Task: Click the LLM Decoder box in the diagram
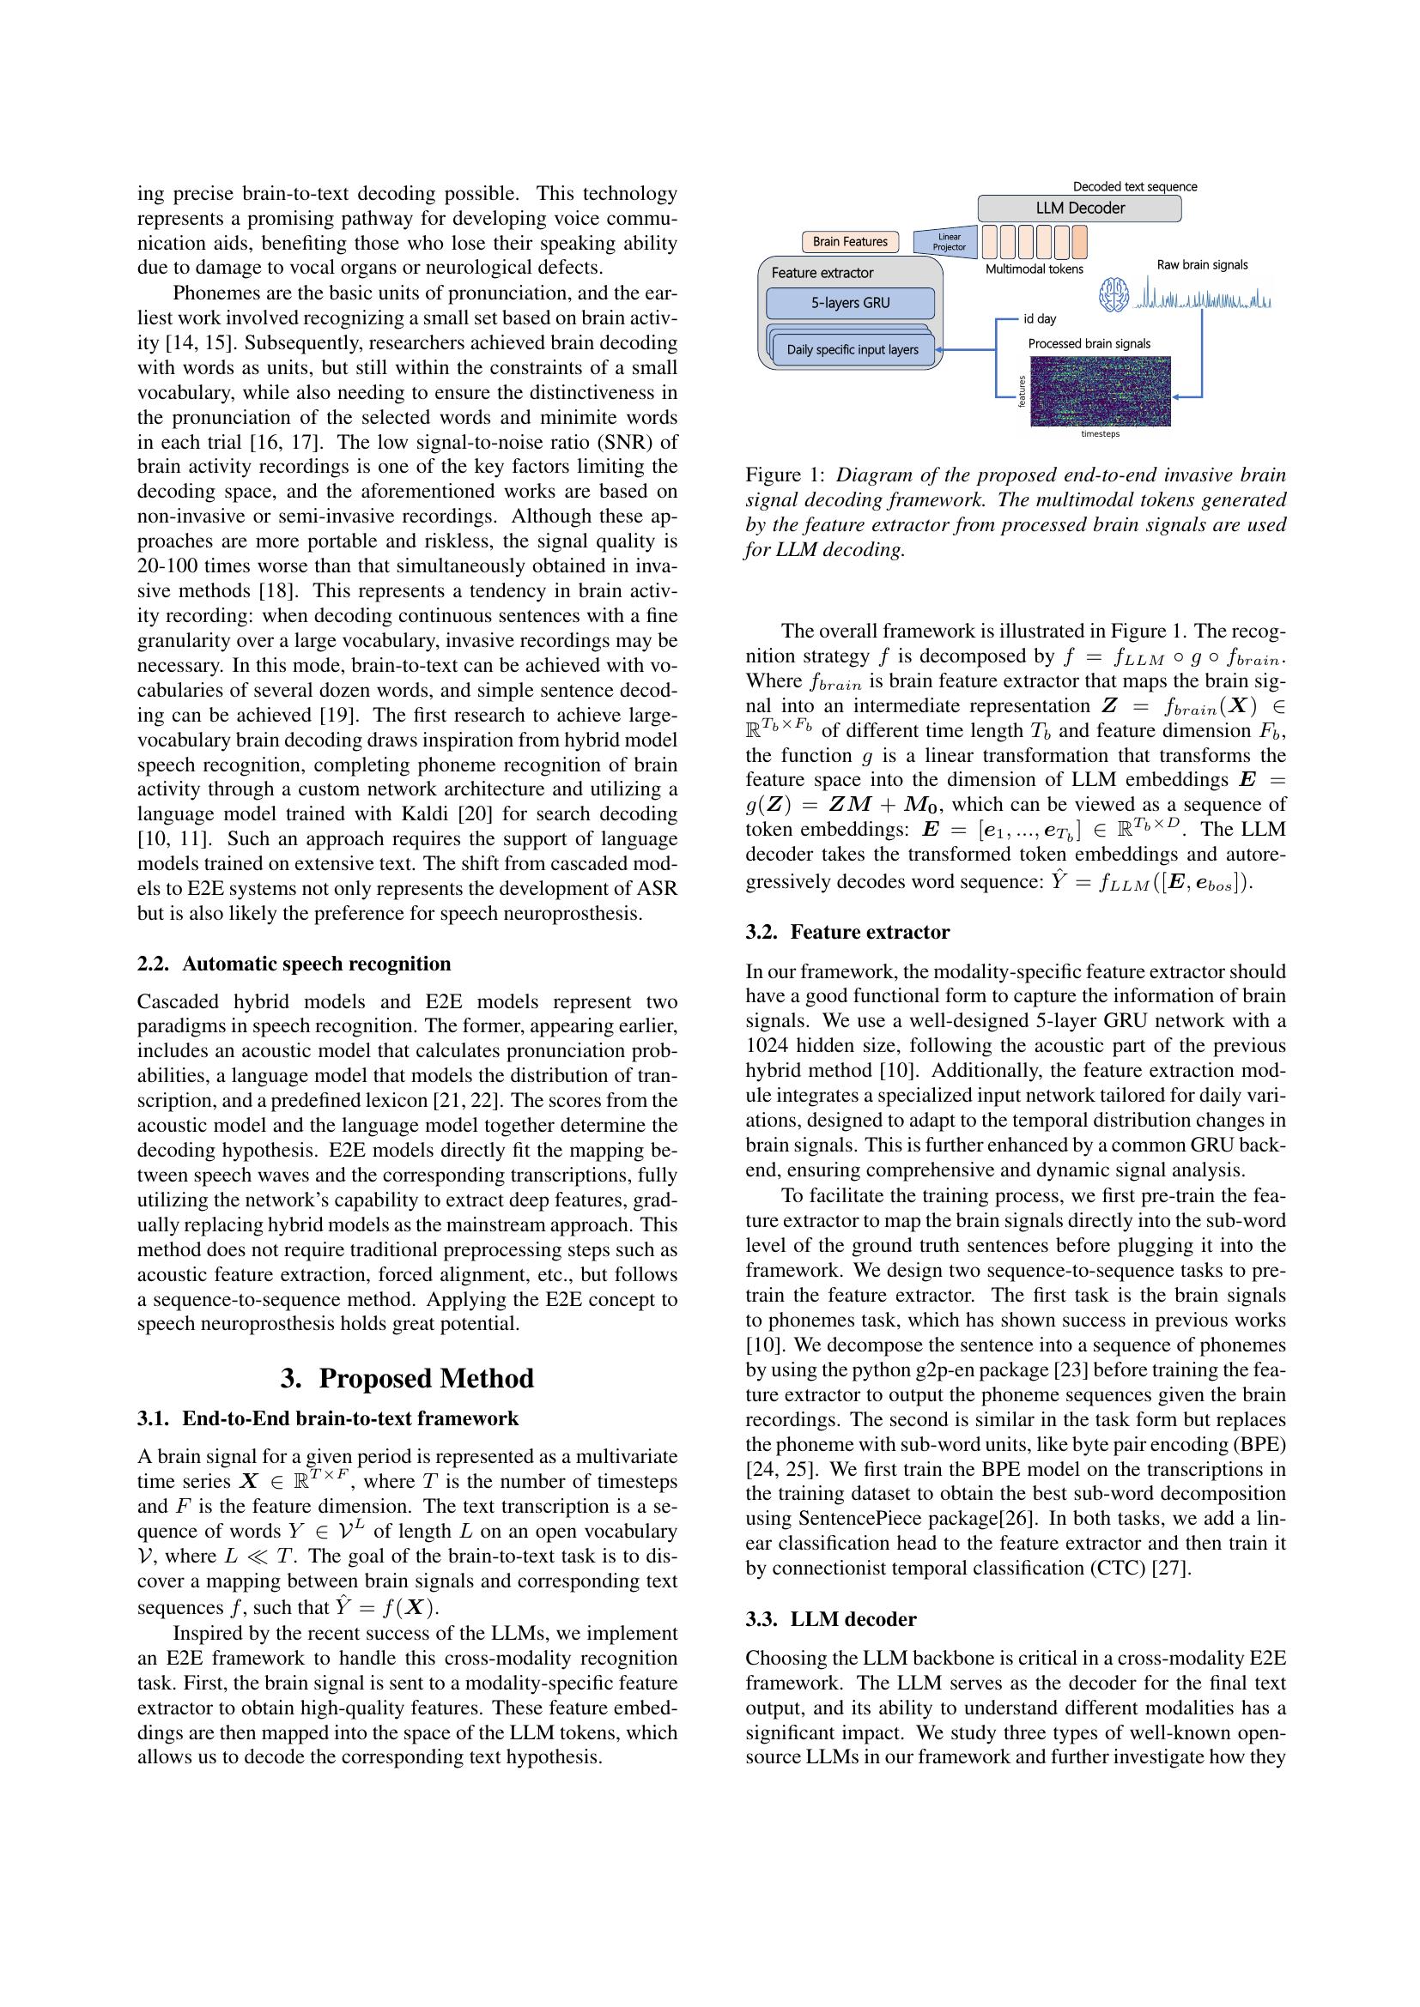pos(1079,208)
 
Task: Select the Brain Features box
pos(849,241)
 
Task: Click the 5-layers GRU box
pos(850,303)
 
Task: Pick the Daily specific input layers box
pos(853,349)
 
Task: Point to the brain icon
pos(1114,295)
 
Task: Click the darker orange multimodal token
pos(1080,239)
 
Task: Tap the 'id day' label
pos(1040,319)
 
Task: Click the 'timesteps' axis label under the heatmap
pos(1100,433)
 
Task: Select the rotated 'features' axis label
pos(1021,390)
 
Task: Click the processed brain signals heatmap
pos(1100,390)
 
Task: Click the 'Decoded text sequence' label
pos(1135,187)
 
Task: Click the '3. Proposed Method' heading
pos(407,1379)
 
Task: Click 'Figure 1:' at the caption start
pos(785,475)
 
